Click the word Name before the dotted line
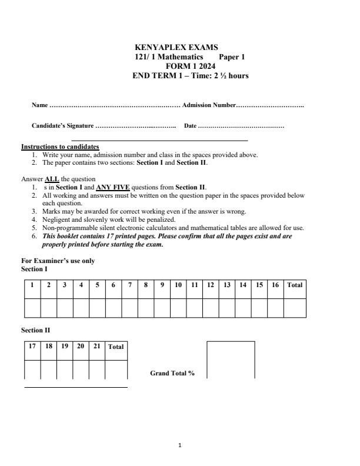point(39,105)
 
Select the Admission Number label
point(209,105)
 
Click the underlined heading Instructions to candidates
point(60,147)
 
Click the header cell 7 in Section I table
point(129,285)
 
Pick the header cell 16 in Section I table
point(275,285)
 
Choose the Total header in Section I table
point(295,285)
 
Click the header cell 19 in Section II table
point(65,347)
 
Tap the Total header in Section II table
point(116,347)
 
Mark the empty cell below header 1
point(32,308)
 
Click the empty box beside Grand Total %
point(231,360)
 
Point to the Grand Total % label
point(172,373)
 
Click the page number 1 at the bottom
point(180,445)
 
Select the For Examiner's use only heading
point(58,261)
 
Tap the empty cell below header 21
point(97,370)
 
